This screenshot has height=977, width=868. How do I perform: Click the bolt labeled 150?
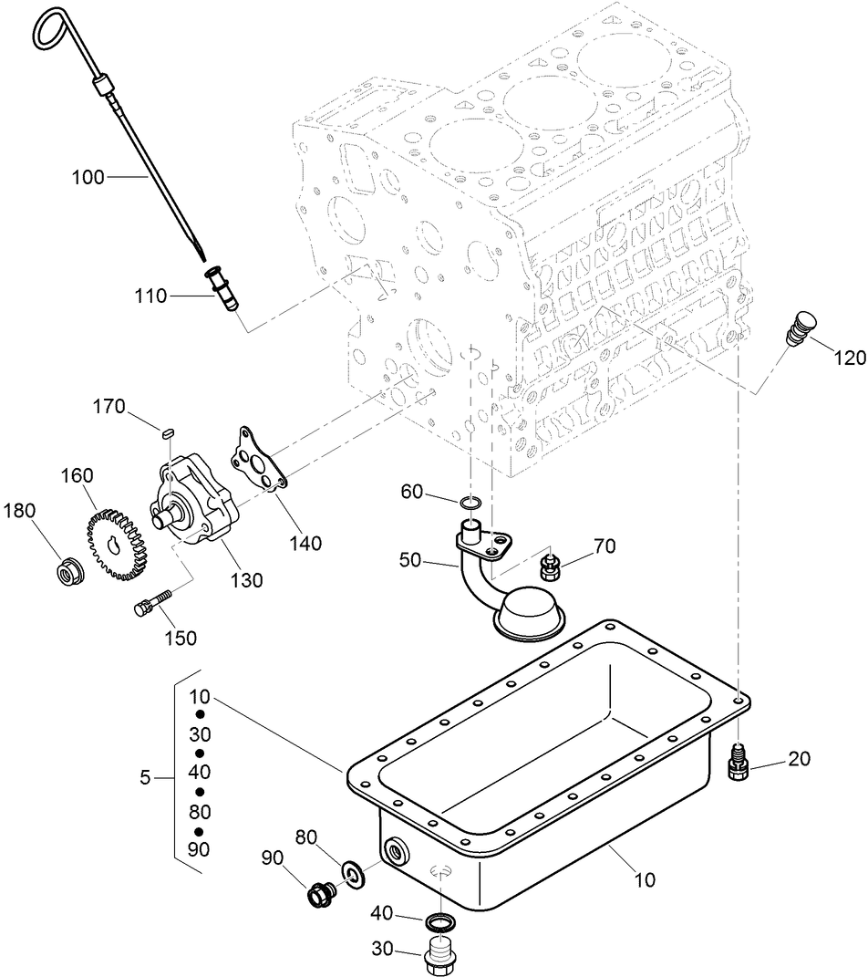tap(153, 604)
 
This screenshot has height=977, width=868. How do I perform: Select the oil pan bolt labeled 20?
tap(738, 763)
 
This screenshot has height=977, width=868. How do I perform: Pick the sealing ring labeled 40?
tap(439, 921)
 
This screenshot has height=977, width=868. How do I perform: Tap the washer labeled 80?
tap(353, 875)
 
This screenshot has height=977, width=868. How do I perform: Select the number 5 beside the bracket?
tap(145, 778)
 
